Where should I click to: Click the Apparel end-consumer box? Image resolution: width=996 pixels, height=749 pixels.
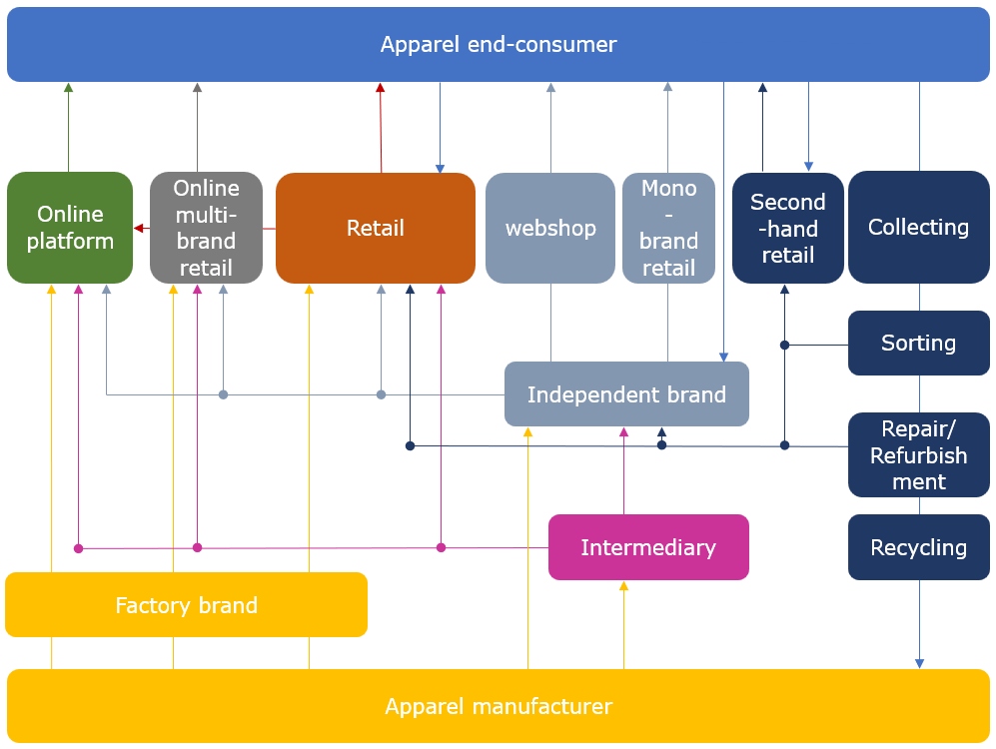(x=498, y=45)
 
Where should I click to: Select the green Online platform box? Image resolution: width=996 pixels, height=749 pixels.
(x=70, y=228)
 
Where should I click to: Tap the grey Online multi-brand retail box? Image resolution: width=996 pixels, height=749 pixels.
(x=206, y=228)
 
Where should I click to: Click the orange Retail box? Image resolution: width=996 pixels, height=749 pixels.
(x=375, y=228)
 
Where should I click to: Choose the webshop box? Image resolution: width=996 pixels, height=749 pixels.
(x=549, y=228)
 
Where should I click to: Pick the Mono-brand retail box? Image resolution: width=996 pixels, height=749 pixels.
(x=668, y=228)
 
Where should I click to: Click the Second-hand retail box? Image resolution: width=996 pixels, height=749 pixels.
(x=787, y=228)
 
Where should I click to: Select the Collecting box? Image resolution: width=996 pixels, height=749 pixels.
(x=918, y=228)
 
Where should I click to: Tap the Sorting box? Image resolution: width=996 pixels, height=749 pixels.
(x=918, y=344)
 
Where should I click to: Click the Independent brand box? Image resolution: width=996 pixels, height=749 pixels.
(x=626, y=394)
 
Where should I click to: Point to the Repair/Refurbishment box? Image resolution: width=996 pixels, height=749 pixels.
(x=918, y=455)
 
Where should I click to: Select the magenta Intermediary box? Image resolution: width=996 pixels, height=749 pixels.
(x=648, y=547)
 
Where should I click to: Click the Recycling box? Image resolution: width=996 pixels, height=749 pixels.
(x=918, y=547)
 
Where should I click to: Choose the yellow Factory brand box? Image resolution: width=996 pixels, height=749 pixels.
(x=186, y=605)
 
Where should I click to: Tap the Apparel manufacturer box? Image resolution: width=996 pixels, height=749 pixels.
(x=498, y=707)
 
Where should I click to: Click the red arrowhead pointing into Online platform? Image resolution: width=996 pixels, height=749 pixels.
(x=139, y=229)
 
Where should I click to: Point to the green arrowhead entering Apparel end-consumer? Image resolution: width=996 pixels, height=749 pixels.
(x=68, y=88)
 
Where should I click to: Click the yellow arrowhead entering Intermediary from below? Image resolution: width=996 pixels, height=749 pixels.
(x=623, y=586)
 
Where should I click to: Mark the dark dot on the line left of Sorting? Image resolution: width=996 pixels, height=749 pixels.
(x=784, y=346)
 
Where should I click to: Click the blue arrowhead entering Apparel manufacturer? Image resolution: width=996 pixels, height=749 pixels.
(x=919, y=663)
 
